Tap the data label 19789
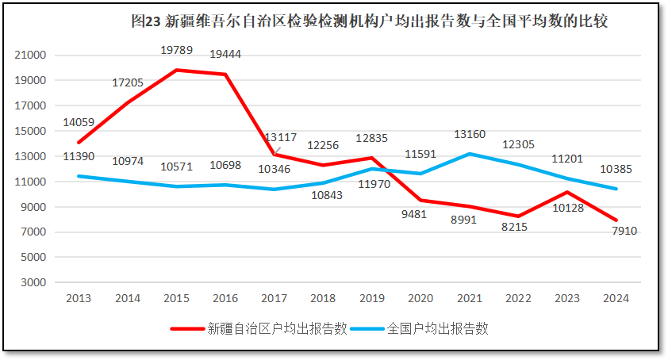tap(176, 50)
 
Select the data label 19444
tap(225, 55)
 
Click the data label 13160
tap(469, 134)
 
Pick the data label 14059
tap(79, 122)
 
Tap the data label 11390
tap(79, 158)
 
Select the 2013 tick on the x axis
tap(79, 299)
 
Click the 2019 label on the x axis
tap(372, 299)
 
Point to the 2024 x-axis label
tap(616, 299)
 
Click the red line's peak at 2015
tap(176, 70)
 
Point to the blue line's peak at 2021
tap(470, 154)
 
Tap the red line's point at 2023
tap(567, 192)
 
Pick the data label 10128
tap(568, 209)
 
